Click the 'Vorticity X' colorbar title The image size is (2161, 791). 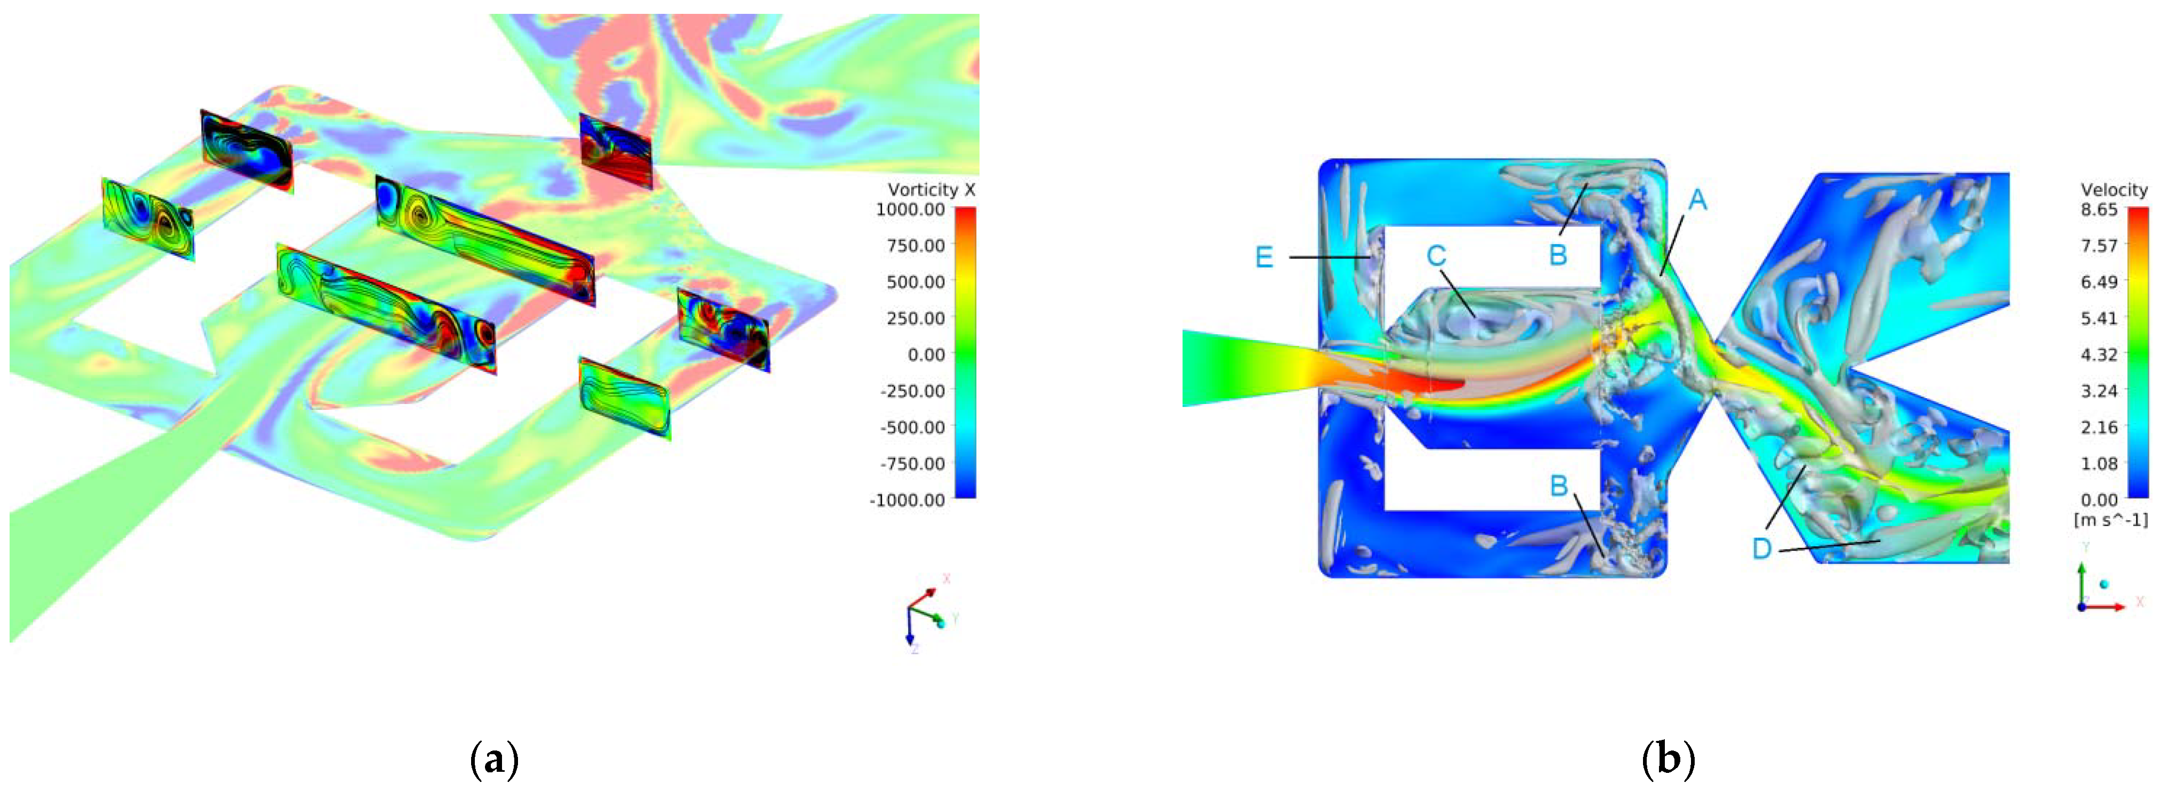[931, 190]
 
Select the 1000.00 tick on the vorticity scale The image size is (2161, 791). [909, 209]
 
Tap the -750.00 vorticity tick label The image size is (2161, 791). [912, 463]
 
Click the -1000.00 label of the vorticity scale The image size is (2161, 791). [907, 500]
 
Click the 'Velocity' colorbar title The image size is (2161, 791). [2114, 190]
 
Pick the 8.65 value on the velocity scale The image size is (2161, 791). [2099, 209]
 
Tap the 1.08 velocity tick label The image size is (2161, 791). [2099, 463]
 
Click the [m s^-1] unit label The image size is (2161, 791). [2111, 520]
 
